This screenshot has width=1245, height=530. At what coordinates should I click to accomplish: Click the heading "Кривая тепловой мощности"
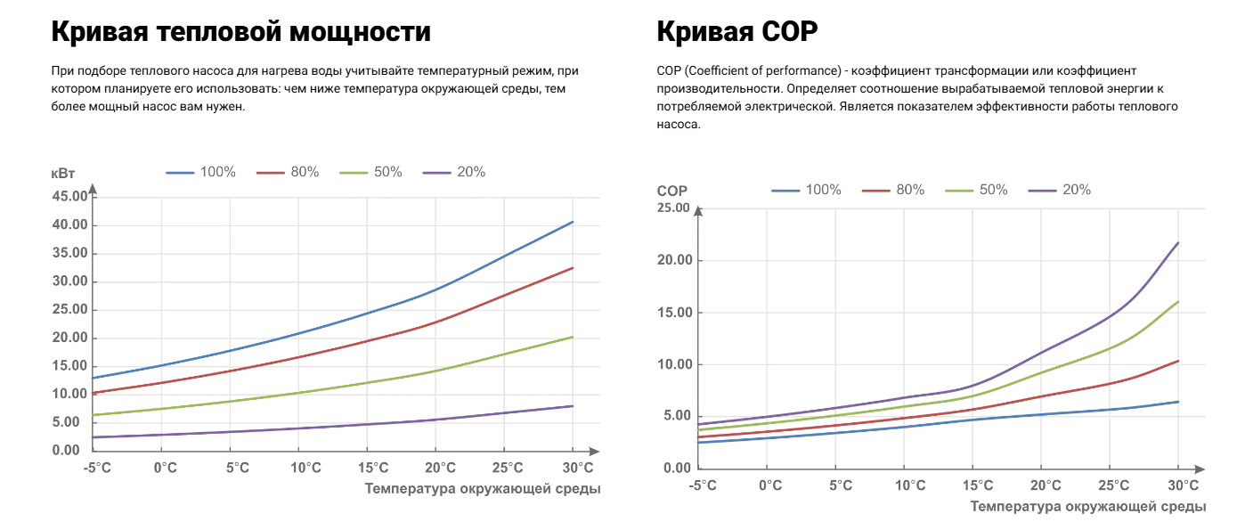[x=240, y=33]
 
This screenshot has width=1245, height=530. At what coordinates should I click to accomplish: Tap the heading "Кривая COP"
[x=736, y=33]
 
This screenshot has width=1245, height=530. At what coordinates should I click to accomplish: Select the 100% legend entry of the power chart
[x=200, y=172]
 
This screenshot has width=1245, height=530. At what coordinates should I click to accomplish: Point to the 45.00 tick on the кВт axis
[x=71, y=196]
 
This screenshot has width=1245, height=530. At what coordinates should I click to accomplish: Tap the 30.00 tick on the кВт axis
[x=71, y=281]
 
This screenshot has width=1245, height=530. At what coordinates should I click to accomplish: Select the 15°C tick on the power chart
[x=373, y=468]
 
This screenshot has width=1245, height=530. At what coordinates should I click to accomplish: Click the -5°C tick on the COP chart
[x=703, y=485]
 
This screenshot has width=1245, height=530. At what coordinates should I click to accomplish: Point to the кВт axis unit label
[x=64, y=173]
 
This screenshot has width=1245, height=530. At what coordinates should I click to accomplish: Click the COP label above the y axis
[x=672, y=191]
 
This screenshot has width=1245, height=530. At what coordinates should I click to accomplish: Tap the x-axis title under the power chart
[x=482, y=488]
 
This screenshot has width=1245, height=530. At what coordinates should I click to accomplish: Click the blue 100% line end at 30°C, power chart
[x=573, y=222]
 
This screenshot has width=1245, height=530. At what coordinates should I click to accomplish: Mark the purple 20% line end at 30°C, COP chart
[x=1178, y=242]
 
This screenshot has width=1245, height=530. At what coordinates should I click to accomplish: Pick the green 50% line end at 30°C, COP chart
[x=1178, y=301]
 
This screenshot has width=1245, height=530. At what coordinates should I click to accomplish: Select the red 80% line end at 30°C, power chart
[x=573, y=267]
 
